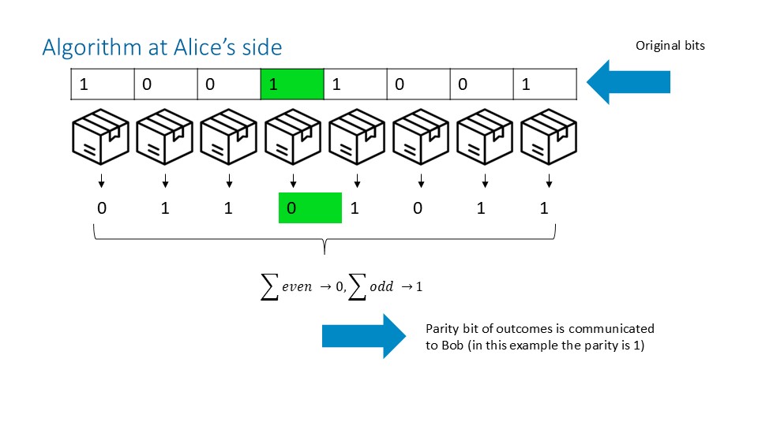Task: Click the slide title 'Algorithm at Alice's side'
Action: click(x=161, y=47)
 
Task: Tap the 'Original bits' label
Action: click(x=670, y=46)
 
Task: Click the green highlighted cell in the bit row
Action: click(x=291, y=84)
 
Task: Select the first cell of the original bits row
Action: click(x=102, y=84)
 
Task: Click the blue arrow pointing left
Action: click(x=629, y=83)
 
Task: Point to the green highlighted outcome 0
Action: click(x=310, y=208)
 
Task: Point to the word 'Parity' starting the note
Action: click(x=441, y=328)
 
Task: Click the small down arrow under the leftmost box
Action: click(x=101, y=184)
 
